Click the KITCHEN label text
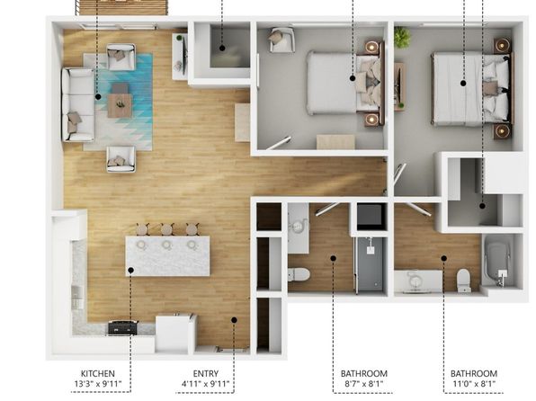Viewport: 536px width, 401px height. pos(98,373)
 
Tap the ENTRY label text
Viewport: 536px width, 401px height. pos(205,373)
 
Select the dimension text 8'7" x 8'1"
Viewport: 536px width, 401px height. pos(363,384)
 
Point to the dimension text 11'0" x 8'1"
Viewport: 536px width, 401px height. pos(474,384)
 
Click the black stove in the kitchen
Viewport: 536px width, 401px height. pos(123,327)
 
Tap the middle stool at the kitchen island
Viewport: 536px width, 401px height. pos(167,229)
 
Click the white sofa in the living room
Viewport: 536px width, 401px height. pos(77,104)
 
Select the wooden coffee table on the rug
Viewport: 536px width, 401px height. pos(120,105)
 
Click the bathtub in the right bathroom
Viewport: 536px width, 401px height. pos(498,263)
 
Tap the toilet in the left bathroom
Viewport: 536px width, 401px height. pos(299,274)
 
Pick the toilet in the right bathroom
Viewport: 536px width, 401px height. pos(464,281)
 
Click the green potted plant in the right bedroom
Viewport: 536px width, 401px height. pos(402,37)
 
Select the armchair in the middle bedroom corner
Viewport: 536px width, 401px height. pos(281,40)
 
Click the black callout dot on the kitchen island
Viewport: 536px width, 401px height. pos(130,270)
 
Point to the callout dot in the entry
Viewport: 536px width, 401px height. pos(234,320)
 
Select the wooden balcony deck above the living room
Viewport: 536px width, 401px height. pos(121,7)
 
